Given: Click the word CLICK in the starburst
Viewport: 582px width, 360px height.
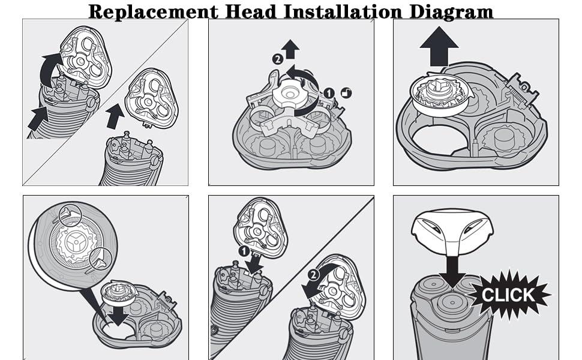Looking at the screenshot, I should pyautogui.click(x=508, y=295).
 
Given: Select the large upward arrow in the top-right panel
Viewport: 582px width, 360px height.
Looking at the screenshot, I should pyautogui.click(x=439, y=47).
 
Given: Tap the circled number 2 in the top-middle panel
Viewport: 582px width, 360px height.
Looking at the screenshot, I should pyautogui.click(x=277, y=59).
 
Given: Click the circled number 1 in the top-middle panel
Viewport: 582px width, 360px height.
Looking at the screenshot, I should pyautogui.click(x=328, y=94).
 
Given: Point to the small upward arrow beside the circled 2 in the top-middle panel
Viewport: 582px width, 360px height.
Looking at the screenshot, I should pyautogui.click(x=291, y=49).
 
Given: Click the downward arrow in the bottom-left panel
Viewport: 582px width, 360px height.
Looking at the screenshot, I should pyautogui.click(x=122, y=316).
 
